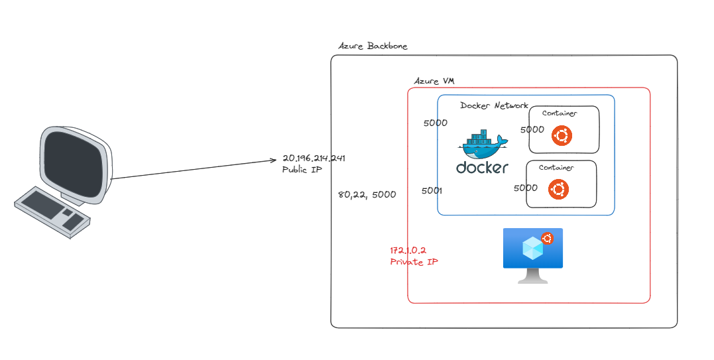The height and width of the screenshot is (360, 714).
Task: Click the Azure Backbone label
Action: [x=373, y=46]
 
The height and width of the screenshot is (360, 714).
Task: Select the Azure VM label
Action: [x=434, y=81]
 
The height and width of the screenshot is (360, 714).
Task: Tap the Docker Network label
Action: [x=494, y=105]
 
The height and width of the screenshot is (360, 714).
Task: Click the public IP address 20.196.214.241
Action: [x=314, y=158]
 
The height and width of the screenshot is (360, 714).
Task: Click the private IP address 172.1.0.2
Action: [x=408, y=251]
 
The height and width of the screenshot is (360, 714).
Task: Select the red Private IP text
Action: [x=414, y=262]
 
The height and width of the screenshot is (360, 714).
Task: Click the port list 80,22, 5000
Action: [x=366, y=195]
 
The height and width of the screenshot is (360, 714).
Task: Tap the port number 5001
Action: [x=432, y=191]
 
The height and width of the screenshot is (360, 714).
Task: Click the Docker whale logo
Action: [x=483, y=146]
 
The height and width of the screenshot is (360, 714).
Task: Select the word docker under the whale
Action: [x=482, y=168]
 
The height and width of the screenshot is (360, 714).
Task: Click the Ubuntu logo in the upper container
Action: [x=562, y=136]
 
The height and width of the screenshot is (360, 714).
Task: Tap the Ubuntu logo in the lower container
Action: [x=558, y=190]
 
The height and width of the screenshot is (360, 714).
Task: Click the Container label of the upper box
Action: [x=559, y=113]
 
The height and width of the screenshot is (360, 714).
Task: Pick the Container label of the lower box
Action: [x=556, y=168]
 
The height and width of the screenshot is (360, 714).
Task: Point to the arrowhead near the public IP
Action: [x=273, y=160]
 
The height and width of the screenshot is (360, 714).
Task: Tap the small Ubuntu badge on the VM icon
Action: [x=548, y=239]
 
